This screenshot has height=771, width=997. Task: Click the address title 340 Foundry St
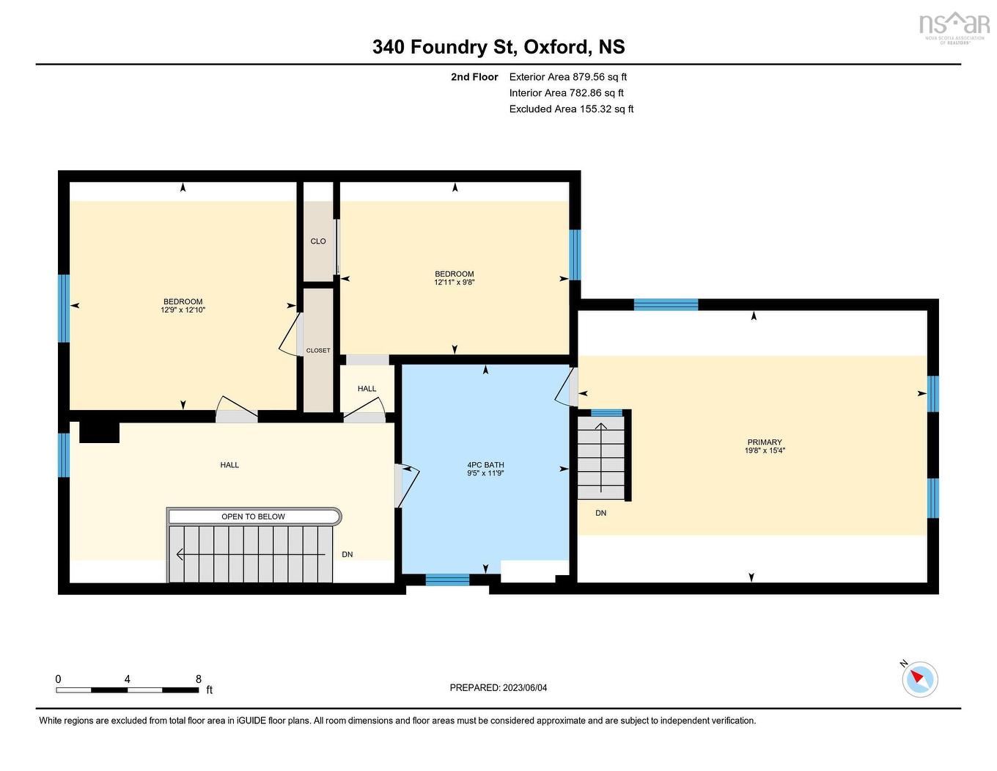click(498, 47)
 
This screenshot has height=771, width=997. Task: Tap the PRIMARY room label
click(765, 442)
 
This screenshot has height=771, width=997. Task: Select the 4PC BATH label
click(485, 465)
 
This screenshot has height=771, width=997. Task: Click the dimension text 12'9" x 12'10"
click(183, 310)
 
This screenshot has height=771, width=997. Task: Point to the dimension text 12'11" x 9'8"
click(455, 282)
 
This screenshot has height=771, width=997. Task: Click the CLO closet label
click(318, 241)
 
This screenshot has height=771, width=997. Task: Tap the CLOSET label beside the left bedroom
click(318, 351)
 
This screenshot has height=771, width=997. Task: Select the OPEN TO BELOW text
click(254, 516)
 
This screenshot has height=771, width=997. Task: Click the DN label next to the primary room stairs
click(601, 513)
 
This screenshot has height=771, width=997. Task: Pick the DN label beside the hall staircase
click(347, 555)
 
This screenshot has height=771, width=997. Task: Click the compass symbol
click(920, 679)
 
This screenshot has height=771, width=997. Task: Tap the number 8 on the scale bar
click(199, 679)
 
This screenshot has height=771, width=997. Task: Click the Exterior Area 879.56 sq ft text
click(568, 76)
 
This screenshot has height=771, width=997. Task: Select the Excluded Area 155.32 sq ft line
click(571, 109)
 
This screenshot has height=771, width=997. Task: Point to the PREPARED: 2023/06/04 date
click(498, 687)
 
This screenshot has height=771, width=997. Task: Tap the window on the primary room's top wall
click(666, 304)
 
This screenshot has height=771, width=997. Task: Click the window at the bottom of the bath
click(447, 580)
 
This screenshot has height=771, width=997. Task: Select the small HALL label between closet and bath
click(367, 389)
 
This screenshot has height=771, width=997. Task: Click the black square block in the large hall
click(99, 431)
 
